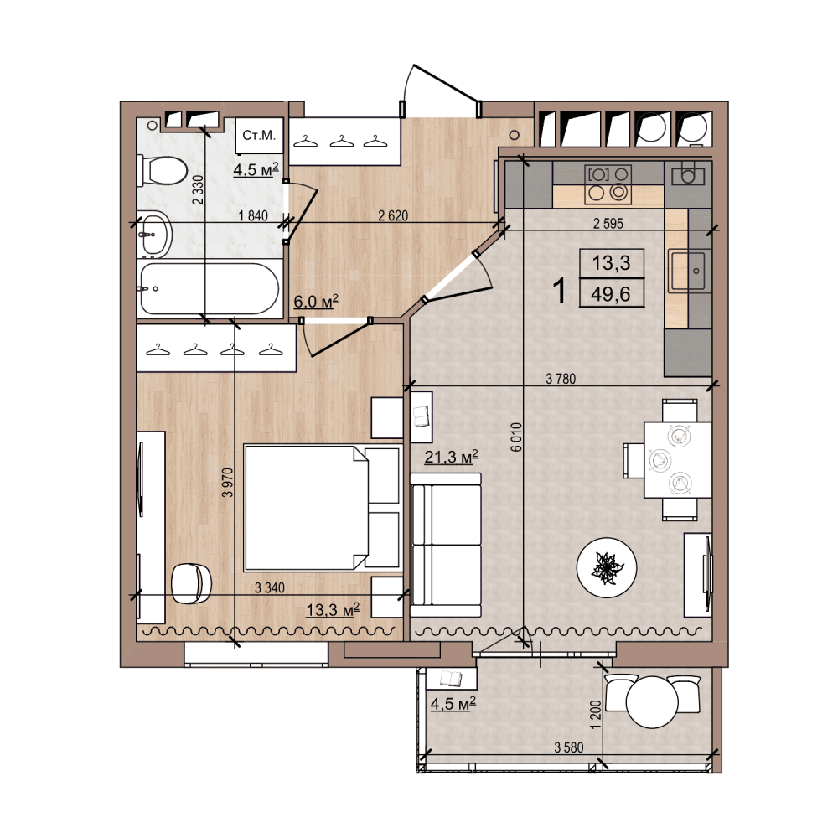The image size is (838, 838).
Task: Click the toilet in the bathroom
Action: (163, 170)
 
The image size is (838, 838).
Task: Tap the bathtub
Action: (209, 288)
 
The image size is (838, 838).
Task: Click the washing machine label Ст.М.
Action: (259, 135)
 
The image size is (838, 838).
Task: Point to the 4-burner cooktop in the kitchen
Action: (608, 184)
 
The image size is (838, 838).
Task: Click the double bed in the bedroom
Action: (322, 508)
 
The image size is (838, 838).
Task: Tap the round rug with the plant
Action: (607, 567)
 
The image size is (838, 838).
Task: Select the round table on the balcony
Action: (652, 701)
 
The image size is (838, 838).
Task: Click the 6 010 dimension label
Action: (515, 437)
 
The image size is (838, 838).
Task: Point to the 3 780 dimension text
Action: (561, 379)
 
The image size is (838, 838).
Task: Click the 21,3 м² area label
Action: (451, 457)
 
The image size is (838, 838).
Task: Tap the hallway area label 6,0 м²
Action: (317, 302)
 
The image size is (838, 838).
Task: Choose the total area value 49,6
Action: (611, 294)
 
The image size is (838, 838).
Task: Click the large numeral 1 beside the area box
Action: (560, 292)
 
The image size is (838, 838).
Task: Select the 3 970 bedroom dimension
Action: (228, 483)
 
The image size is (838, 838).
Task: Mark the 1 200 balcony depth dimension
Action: (597, 714)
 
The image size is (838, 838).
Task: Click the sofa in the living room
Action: (446, 546)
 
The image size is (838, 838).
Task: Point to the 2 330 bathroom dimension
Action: (198, 189)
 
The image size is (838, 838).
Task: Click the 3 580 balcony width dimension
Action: (569, 747)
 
